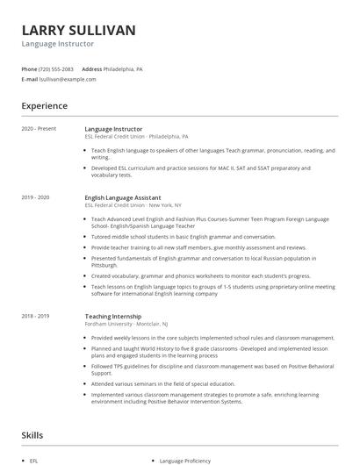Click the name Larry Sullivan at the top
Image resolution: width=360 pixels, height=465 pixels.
78,30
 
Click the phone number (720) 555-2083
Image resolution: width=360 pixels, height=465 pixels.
56,68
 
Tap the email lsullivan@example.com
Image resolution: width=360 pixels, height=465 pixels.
68,79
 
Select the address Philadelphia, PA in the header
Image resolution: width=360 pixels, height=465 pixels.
124,68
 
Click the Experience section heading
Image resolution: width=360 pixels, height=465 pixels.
44,106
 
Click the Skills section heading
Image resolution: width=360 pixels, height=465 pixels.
32,434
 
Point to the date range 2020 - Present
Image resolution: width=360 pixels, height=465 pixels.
39,129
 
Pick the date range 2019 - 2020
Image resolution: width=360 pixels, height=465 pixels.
36,197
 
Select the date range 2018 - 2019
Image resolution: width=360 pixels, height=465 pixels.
36,315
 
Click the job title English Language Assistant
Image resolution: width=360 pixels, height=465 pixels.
122,197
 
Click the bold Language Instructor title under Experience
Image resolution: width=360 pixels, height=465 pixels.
113,129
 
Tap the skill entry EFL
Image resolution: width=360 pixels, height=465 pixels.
33,460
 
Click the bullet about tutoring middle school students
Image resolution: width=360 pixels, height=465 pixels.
183,236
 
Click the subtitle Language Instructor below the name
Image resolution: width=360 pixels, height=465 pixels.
58,44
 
